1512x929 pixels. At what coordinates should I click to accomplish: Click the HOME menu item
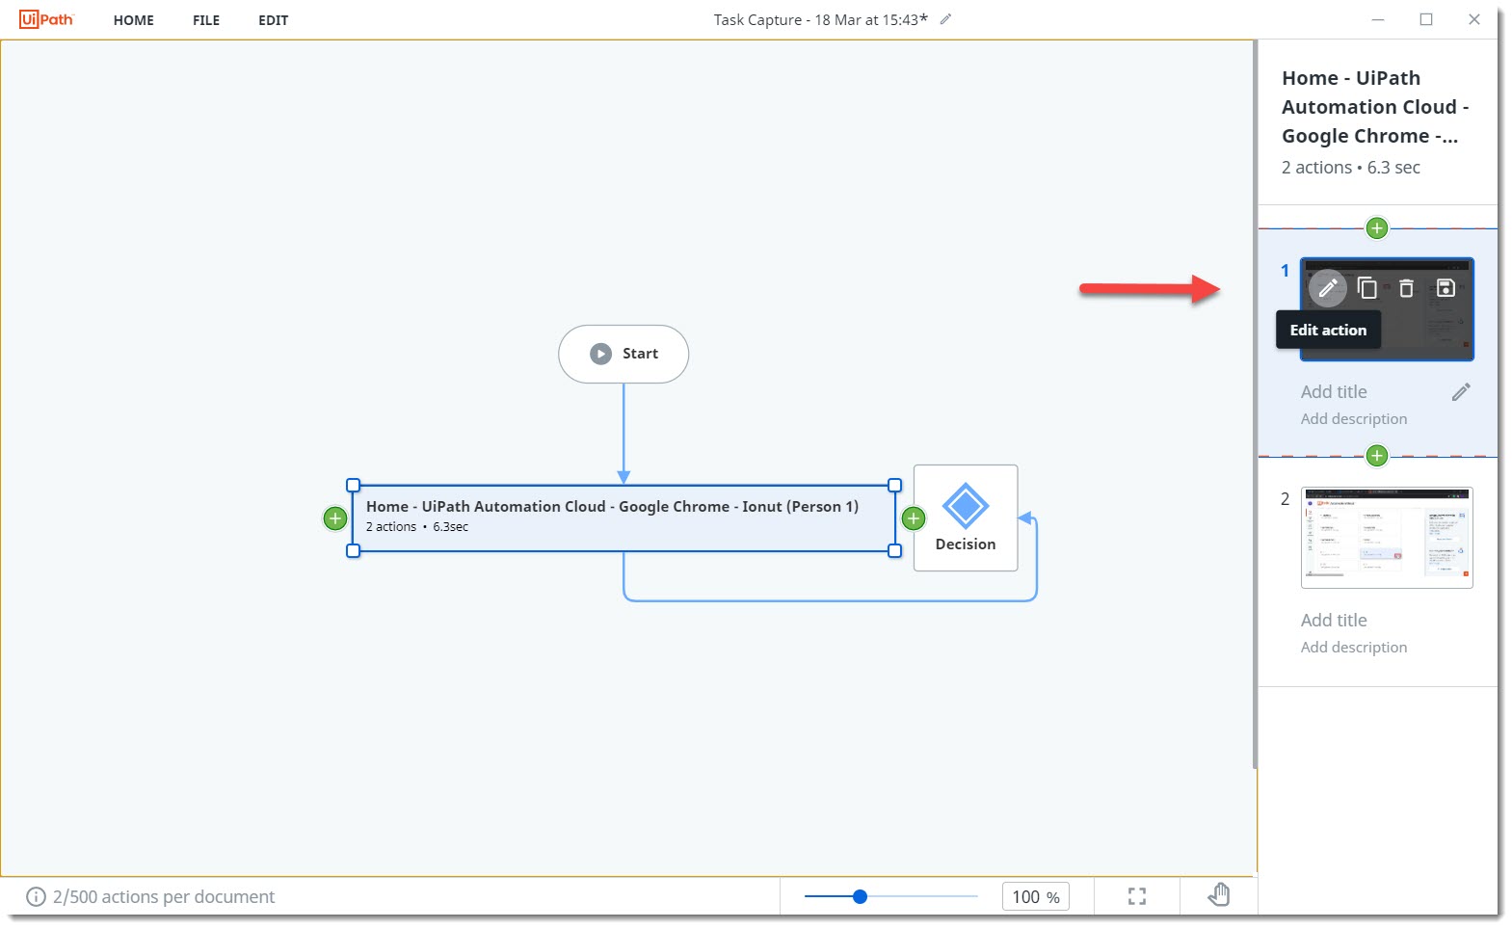pyautogui.click(x=133, y=20)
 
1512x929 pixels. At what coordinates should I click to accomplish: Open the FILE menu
pyautogui.click(x=206, y=20)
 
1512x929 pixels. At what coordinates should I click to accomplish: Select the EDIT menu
pyautogui.click(x=273, y=20)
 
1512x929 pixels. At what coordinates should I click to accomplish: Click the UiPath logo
pyautogui.click(x=46, y=19)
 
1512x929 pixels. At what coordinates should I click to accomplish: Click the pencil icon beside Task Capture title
pyautogui.click(x=946, y=19)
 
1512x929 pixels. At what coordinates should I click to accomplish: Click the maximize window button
pyautogui.click(x=1426, y=19)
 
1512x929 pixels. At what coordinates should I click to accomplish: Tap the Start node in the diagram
pyautogui.click(x=623, y=354)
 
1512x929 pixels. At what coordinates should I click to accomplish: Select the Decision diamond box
pyautogui.click(x=966, y=518)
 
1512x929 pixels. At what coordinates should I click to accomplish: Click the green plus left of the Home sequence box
pyautogui.click(x=334, y=518)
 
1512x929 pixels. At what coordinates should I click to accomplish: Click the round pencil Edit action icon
pyautogui.click(x=1327, y=287)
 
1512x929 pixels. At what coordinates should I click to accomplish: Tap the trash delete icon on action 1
pyautogui.click(x=1406, y=287)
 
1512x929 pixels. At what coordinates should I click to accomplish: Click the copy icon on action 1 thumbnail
pyautogui.click(x=1366, y=287)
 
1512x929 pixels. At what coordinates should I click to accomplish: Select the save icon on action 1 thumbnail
pyautogui.click(x=1446, y=287)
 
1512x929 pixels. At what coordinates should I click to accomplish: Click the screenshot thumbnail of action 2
pyautogui.click(x=1387, y=537)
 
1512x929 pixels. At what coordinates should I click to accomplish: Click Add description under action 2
pyautogui.click(x=1354, y=648)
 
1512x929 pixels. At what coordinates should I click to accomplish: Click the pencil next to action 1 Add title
pyautogui.click(x=1461, y=392)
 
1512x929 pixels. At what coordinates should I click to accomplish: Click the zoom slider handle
pyautogui.click(x=861, y=896)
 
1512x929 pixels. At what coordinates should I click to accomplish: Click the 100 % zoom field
pyautogui.click(x=1035, y=897)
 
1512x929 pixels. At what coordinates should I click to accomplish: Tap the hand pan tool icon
pyautogui.click(x=1219, y=895)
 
